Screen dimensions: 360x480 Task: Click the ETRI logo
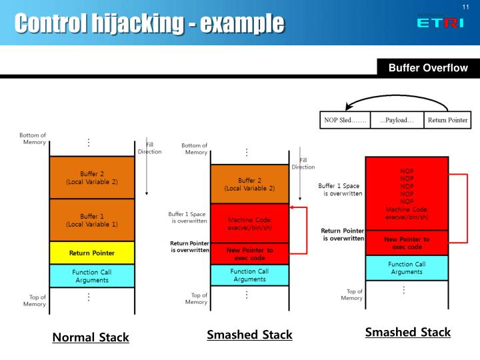(x=440, y=22)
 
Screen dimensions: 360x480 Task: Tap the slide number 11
(x=466, y=7)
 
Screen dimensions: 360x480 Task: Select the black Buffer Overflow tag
(x=428, y=68)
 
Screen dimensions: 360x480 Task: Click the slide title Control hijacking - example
(x=149, y=23)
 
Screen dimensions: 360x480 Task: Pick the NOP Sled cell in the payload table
(x=345, y=120)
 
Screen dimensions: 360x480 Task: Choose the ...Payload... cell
(x=397, y=120)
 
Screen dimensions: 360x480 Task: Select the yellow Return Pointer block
(x=92, y=253)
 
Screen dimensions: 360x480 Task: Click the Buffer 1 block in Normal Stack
(x=92, y=220)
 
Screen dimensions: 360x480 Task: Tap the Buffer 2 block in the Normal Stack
(x=92, y=177)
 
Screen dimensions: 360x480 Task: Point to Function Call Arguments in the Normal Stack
(x=92, y=276)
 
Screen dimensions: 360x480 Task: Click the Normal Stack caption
(x=91, y=337)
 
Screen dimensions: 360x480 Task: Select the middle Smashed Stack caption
(x=249, y=335)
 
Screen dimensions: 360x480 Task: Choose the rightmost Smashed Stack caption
(x=407, y=332)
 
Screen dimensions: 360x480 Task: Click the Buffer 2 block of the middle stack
(x=249, y=184)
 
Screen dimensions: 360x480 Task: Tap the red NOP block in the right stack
(x=407, y=193)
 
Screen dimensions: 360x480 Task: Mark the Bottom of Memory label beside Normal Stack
(x=33, y=139)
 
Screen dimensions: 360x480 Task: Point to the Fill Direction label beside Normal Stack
(x=149, y=148)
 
